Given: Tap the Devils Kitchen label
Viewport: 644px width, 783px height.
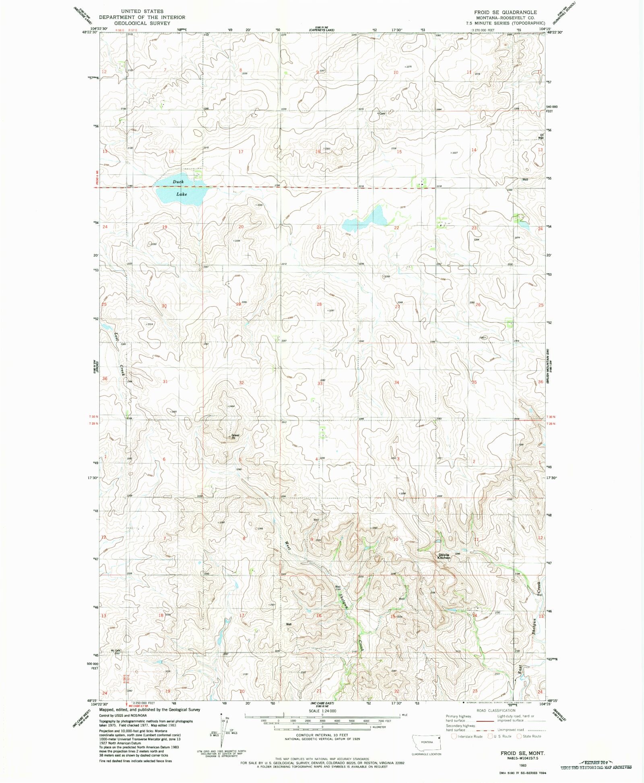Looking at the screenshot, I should pos(444,556).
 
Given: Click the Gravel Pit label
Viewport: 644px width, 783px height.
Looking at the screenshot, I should pos(235,436).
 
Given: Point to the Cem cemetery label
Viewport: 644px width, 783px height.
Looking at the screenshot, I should pos(382,113).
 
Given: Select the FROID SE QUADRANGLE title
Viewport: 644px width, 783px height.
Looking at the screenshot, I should pos(505,12).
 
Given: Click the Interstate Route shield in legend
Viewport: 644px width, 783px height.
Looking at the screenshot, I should pos(454,736).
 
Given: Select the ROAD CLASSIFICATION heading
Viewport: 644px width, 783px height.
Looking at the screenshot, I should pos(496,710).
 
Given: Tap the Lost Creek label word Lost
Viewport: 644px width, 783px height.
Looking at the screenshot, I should pos(116,336).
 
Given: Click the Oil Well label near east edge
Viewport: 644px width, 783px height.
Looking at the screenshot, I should pos(541,136).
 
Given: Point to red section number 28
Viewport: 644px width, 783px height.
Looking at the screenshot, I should pos(319,304).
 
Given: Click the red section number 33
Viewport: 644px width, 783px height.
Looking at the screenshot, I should pos(320,383).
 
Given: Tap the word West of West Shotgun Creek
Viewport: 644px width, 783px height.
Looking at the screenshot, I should pos(287,546).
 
